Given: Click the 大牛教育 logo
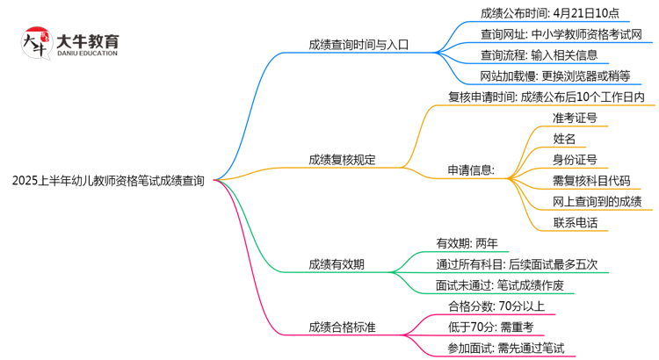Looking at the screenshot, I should (70, 42).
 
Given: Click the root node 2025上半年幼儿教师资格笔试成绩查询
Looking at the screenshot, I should (109, 181).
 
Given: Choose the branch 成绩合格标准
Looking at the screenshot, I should (342, 327).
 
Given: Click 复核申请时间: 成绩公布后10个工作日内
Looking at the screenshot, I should (547, 97).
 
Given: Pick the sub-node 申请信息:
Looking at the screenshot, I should (471, 169).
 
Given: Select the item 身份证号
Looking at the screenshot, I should (576, 159).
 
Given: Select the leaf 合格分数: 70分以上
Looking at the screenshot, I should (496, 306).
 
